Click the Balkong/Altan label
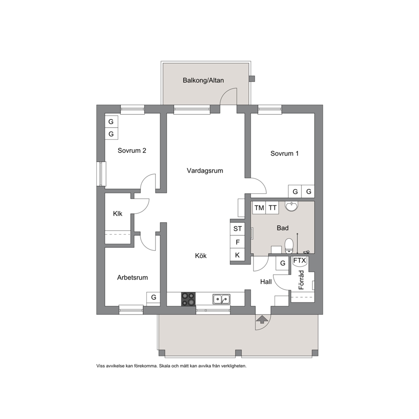tap(203, 80)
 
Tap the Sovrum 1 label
tap(284, 153)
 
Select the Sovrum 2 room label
tap(132, 151)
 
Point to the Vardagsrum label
tap(205, 171)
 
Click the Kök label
tap(201, 256)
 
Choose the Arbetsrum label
tap(132, 278)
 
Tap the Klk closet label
tap(117, 213)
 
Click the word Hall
tap(266, 282)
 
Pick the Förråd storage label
tap(301, 280)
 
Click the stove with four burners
tap(188, 299)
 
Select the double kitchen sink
tap(221, 299)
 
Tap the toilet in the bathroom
tap(288, 246)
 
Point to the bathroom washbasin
tap(291, 206)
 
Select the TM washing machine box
tap(259, 208)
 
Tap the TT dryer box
tap(272, 208)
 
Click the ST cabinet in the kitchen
tap(237, 229)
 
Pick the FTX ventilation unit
tap(299, 261)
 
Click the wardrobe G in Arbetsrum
tap(153, 297)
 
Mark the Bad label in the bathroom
tap(283, 228)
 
